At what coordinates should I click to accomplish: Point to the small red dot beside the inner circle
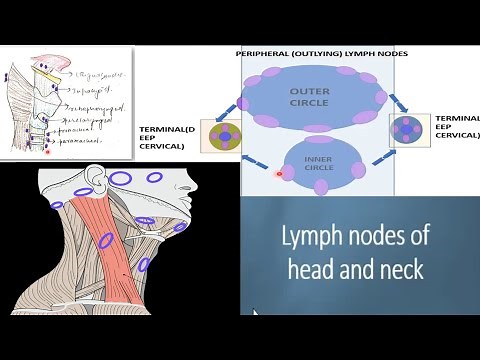click(279, 174)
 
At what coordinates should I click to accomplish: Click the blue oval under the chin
click(181, 227)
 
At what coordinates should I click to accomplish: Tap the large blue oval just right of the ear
click(120, 179)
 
